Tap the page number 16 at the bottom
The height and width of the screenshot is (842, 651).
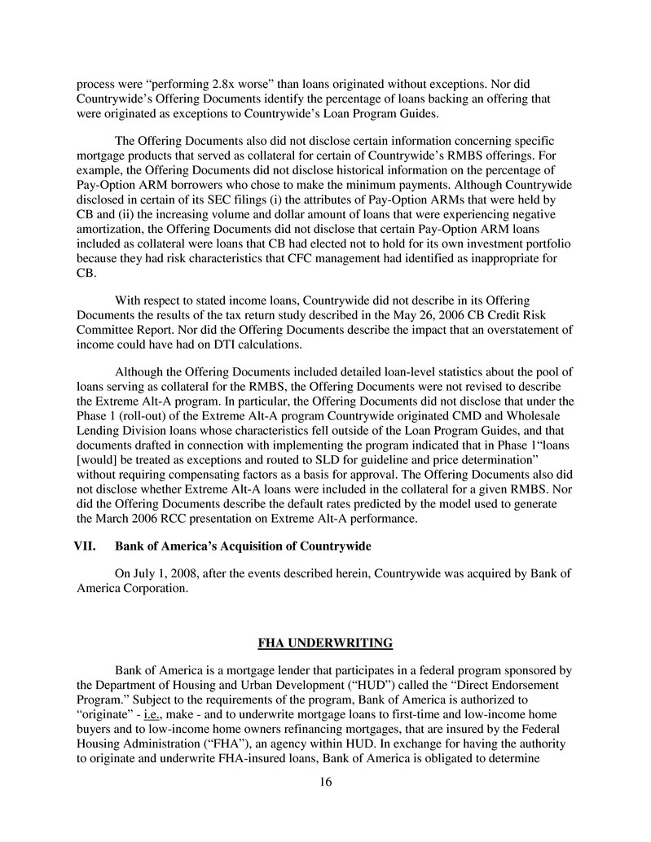pos(324,783)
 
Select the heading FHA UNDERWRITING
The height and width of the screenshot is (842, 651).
pos(325,643)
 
